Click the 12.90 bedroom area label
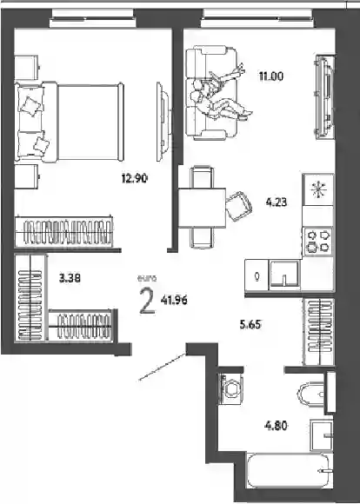[135, 178]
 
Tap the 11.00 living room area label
[271, 76]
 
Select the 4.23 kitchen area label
[277, 202]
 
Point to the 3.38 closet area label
[70, 278]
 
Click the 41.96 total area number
[174, 301]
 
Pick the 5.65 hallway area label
[250, 324]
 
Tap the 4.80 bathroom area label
[276, 426]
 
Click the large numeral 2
[147, 302]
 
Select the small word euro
[147, 279]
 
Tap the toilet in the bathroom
[312, 395]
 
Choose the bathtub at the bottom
[288, 471]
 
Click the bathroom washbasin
[322, 435]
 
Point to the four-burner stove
[318, 242]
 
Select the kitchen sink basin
[284, 274]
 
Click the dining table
[202, 208]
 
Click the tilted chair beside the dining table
[239, 206]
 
